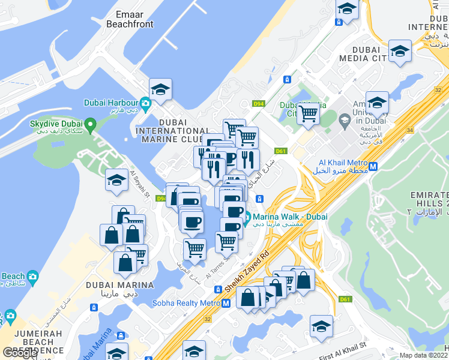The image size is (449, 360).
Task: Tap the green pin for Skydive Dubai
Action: [91, 125]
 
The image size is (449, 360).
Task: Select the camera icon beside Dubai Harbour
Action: [145, 102]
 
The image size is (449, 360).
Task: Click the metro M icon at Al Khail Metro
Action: [373, 167]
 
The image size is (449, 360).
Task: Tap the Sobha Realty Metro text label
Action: [185, 303]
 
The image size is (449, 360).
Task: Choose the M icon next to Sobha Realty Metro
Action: [226, 304]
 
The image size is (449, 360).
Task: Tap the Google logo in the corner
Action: [20, 353]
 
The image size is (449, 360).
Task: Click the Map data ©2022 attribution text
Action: [424, 355]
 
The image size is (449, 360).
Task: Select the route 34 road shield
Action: [409, 130]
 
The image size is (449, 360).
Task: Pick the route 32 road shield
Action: [208, 319]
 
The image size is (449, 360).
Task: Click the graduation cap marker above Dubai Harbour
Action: [160, 91]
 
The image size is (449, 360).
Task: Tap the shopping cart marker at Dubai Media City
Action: [308, 112]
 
